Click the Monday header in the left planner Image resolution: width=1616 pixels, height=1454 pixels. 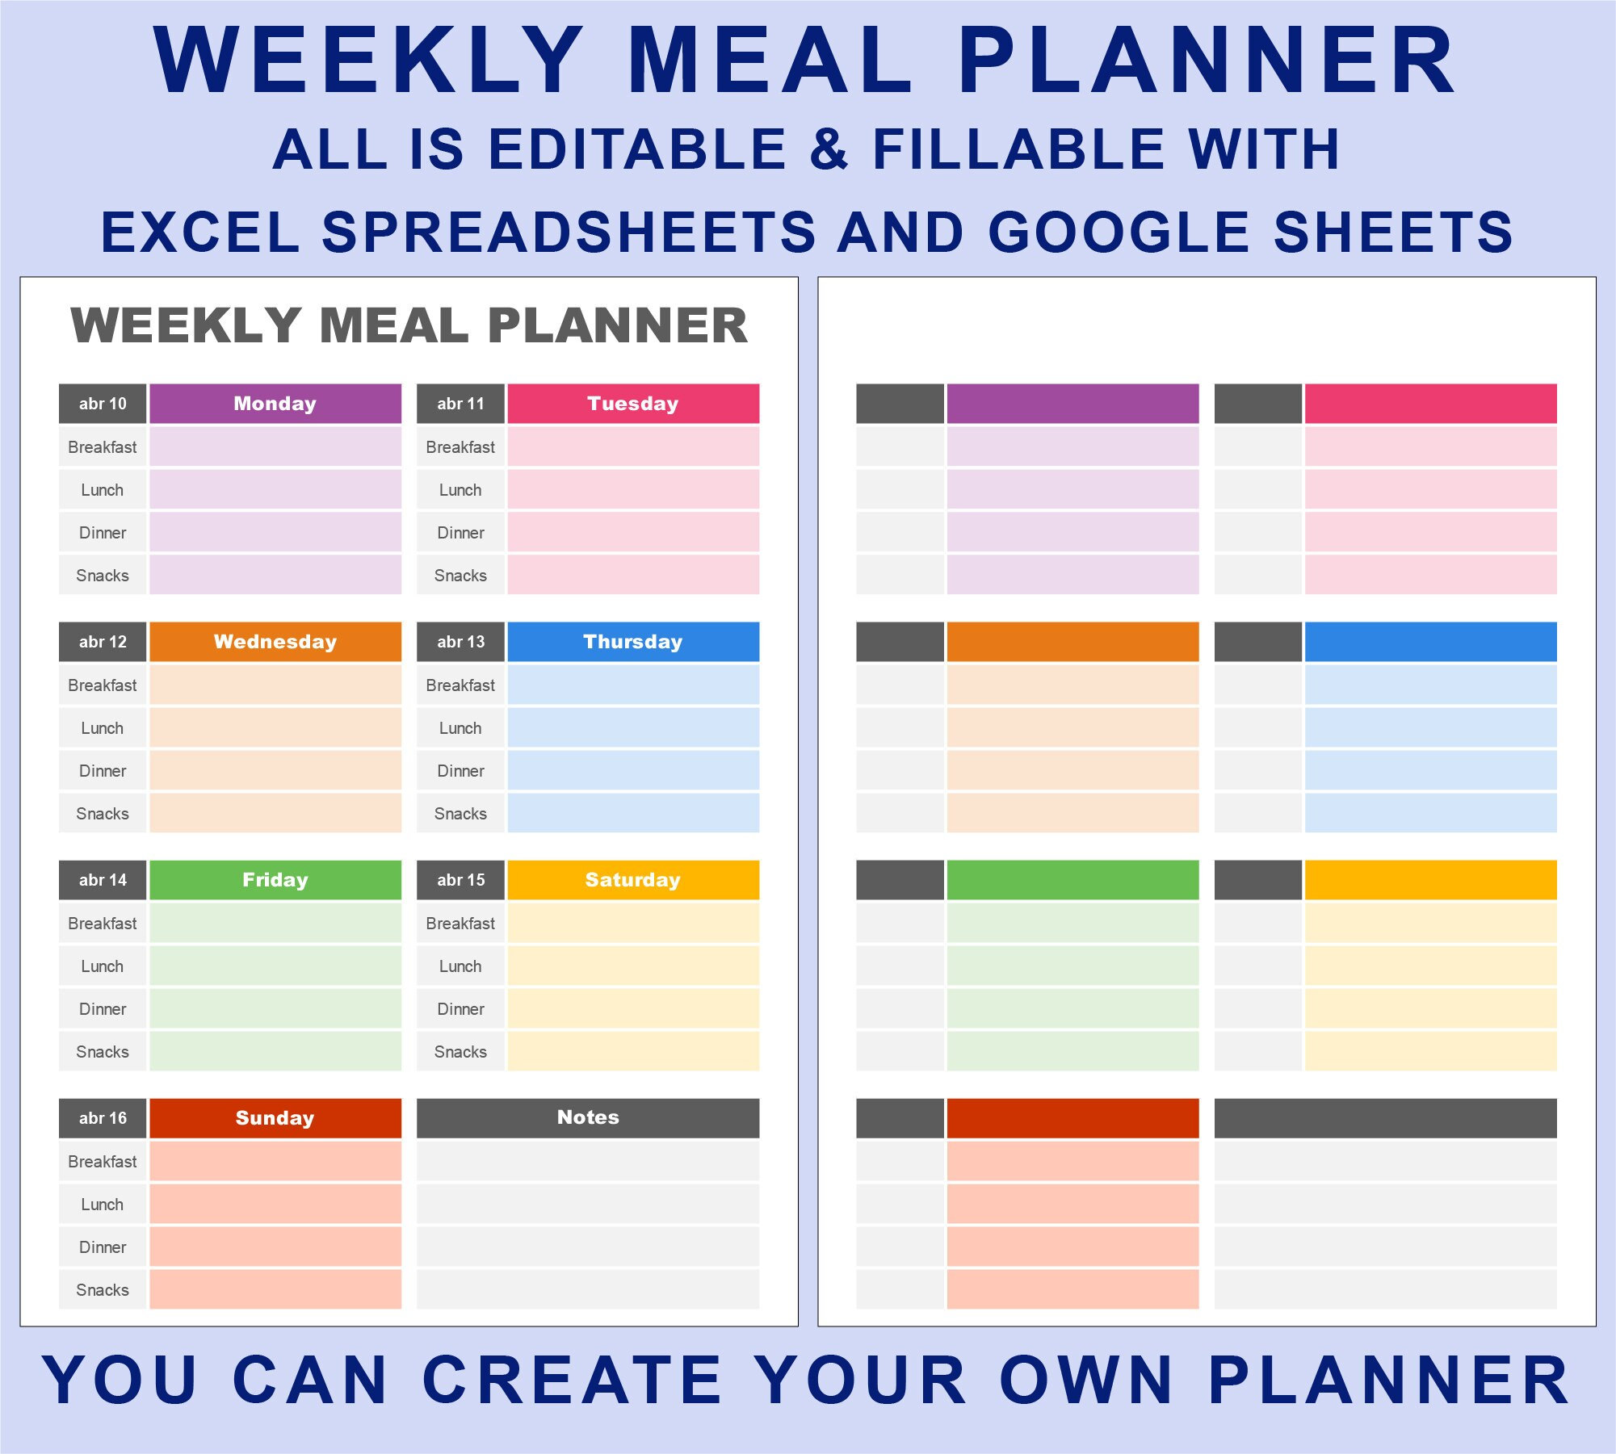[x=275, y=404]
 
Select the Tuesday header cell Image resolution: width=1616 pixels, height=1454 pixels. [x=632, y=404]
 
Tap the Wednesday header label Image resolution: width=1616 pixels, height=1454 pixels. [x=275, y=642]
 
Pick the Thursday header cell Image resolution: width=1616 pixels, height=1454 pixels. [x=632, y=642]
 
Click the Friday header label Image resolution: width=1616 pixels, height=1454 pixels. [x=275, y=880]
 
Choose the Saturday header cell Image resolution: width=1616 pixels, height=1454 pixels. [x=632, y=880]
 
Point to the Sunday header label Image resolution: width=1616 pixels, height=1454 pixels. [x=275, y=1118]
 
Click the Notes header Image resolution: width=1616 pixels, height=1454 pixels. [x=588, y=1117]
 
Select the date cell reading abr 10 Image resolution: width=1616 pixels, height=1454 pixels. [x=103, y=404]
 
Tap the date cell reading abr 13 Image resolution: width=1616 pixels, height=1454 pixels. [x=460, y=642]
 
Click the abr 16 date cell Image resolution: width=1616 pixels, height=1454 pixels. [x=103, y=1118]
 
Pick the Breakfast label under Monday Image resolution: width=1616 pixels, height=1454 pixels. [x=103, y=447]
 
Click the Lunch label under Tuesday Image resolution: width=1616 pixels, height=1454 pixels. [x=460, y=490]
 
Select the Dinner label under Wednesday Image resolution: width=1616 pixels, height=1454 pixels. [x=103, y=771]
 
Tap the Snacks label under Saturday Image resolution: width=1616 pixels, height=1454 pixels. [x=460, y=1052]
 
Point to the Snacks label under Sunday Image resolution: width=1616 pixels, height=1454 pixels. [x=103, y=1290]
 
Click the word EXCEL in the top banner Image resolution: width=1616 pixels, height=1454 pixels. [x=200, y=232]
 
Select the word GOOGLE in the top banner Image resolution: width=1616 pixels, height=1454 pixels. [x=1119, y=232]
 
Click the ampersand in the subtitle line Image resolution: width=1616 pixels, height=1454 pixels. [x=829, y=149]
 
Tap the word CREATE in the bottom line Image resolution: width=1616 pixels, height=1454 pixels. [x=572, y=1381]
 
